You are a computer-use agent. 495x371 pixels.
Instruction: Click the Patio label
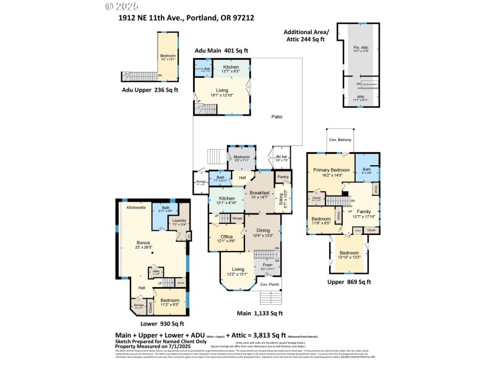277,117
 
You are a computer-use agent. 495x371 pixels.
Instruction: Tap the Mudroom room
241,158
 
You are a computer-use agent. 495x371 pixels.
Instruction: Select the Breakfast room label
259,194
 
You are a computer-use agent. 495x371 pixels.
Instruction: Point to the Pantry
283,177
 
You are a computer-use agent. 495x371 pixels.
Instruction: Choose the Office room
226,238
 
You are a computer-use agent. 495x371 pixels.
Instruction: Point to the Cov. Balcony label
340,140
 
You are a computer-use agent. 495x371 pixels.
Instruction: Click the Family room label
364,212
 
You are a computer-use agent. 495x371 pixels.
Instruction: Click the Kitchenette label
136,208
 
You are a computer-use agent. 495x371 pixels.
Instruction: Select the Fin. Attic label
361,48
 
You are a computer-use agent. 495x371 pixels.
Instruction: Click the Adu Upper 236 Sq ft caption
150,90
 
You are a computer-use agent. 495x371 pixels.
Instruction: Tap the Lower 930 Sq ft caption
157,323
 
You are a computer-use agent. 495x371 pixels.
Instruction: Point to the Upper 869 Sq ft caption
349,282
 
